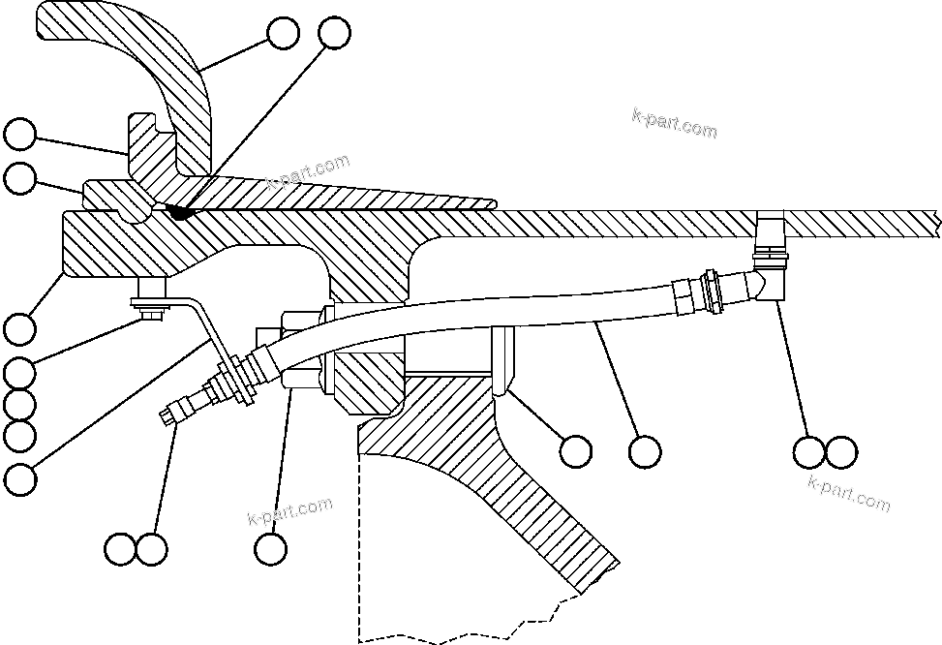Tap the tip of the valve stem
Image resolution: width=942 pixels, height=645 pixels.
click(x=167, y=417)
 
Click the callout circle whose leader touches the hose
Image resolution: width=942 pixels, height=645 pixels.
click(x=644, y=450)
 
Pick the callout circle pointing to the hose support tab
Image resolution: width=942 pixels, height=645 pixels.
click(x=576, y=450)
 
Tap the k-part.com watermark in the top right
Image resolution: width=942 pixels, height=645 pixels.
click(x=675, y=124)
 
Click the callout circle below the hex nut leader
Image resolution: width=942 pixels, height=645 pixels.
click(x=271, y=548)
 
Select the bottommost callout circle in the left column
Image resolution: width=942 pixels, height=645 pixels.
click(x=19, y=476)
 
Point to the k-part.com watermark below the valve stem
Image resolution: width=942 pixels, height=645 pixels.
click(x=289, y=510)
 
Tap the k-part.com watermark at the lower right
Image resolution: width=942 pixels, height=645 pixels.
click(x=848, y=495)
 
